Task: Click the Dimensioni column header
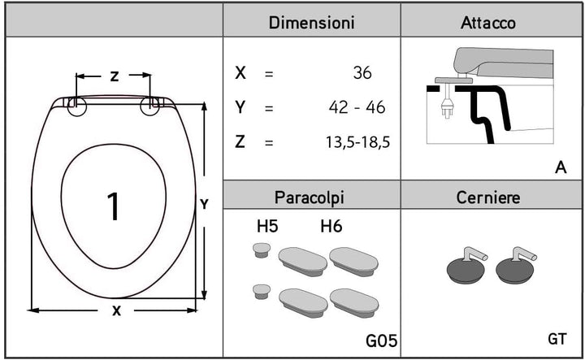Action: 311,23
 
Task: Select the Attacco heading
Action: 488,23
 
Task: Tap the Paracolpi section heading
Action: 310,197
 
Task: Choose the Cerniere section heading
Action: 488,197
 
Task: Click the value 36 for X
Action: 362,73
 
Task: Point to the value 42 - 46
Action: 357,107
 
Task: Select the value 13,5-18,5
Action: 357,142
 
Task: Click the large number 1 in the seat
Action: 113,206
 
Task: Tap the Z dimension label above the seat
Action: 115,76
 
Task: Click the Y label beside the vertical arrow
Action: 204,205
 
